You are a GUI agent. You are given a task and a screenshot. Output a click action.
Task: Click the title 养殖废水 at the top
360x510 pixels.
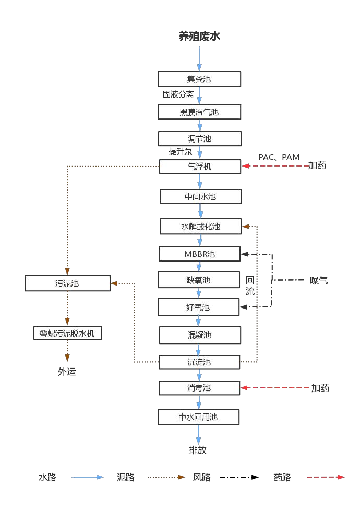199,37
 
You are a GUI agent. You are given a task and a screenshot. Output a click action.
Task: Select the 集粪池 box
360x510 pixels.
199,79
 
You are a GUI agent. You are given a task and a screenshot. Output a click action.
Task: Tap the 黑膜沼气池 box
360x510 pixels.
199,112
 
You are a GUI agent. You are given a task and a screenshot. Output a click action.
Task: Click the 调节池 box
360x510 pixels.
200,139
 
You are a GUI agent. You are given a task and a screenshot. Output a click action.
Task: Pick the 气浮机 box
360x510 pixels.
200,167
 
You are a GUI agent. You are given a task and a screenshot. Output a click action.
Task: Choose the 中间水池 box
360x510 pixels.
200,197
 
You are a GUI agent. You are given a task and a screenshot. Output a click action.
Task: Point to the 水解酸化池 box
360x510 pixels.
200,227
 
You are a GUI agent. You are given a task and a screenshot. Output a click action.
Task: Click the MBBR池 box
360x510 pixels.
199,254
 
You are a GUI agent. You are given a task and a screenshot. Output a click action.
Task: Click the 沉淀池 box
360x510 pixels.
199,362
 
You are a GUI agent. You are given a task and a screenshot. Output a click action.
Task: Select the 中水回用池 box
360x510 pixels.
198,417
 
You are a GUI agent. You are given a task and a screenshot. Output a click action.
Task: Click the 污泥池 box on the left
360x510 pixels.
67,283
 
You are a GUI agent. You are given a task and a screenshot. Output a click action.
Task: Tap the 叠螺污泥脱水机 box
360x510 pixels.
67,333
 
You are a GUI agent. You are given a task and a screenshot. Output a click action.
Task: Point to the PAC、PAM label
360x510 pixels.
279,157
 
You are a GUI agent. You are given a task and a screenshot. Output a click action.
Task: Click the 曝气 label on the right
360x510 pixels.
319,280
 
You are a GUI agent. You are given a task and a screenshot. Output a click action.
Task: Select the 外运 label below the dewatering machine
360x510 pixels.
67,372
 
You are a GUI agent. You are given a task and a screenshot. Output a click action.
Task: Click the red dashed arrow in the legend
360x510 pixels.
326,477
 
